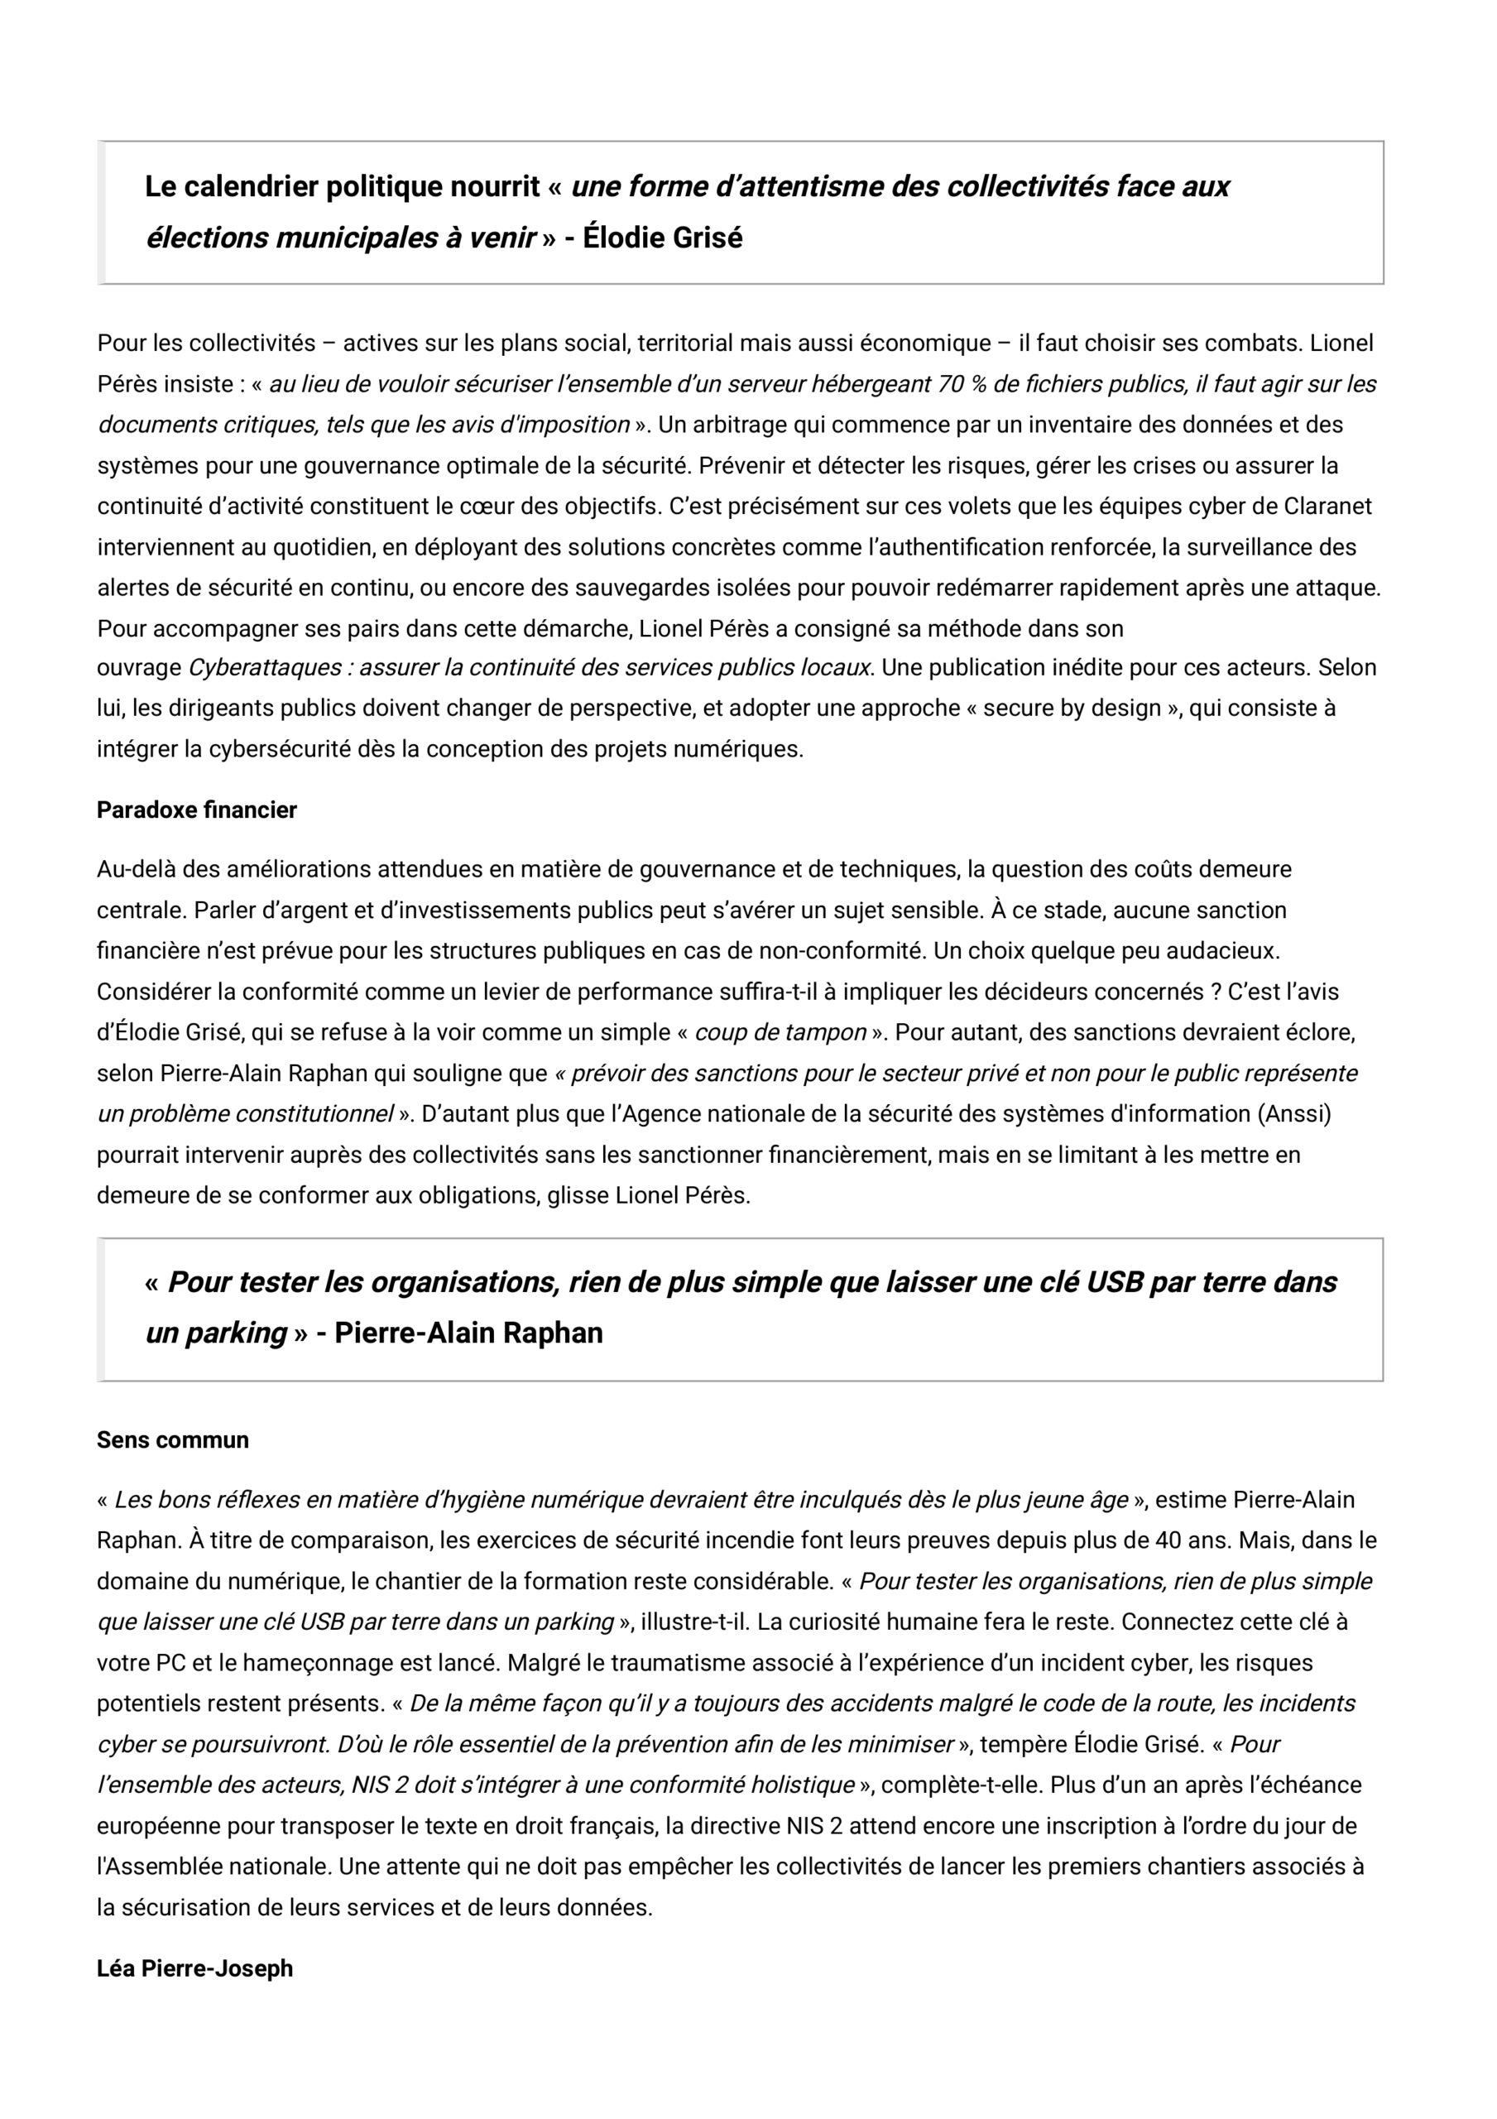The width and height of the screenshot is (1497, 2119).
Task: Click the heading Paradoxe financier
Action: [197, 810]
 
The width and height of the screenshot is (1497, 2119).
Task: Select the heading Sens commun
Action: [173, 1439]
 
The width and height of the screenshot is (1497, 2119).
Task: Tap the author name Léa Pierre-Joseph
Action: [194, 1968]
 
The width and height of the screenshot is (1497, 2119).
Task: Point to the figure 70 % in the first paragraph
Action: [961, 384]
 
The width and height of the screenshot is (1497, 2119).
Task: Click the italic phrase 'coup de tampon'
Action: [780, 1033]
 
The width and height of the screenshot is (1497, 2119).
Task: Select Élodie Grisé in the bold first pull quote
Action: [663, 238]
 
